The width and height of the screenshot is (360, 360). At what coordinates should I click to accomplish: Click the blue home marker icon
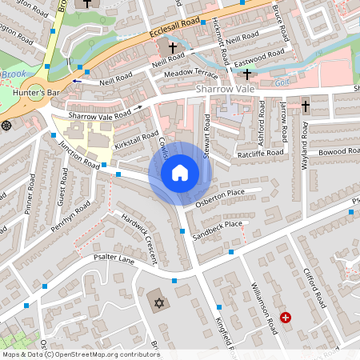(180, 173)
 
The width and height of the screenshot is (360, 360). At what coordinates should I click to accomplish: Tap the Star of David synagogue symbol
(158, 302)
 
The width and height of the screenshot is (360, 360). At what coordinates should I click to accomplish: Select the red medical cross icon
(286, 318)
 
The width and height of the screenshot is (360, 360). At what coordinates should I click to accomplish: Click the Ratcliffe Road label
(260, 152)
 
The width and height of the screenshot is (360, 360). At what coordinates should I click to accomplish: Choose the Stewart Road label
(206, 137)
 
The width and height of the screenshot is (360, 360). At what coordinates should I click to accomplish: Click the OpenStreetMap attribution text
(80, 354)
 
